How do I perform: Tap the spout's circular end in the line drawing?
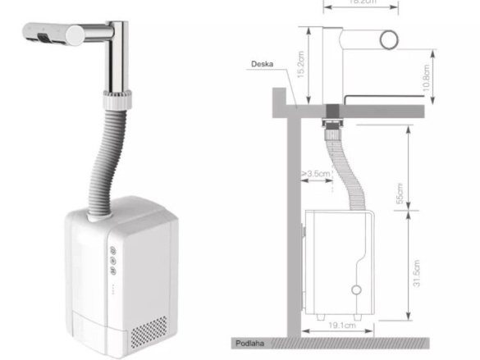click(388, 39)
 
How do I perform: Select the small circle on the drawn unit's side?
click(356, 290)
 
